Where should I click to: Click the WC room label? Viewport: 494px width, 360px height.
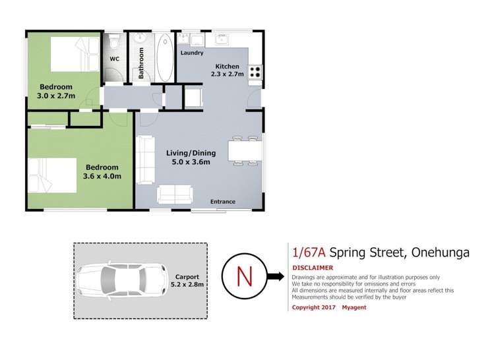(113, 58)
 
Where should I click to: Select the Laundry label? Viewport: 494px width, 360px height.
(192, 53)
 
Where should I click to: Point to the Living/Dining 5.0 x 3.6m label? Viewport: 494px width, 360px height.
(191, 158)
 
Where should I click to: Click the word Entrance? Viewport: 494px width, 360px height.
(223, 202)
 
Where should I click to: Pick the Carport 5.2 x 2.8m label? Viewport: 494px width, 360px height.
(189, 281)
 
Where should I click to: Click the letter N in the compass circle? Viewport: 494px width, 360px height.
(243, 276)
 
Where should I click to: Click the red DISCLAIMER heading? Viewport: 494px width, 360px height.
(312, 268)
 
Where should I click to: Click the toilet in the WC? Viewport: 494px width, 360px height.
(114, 44)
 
